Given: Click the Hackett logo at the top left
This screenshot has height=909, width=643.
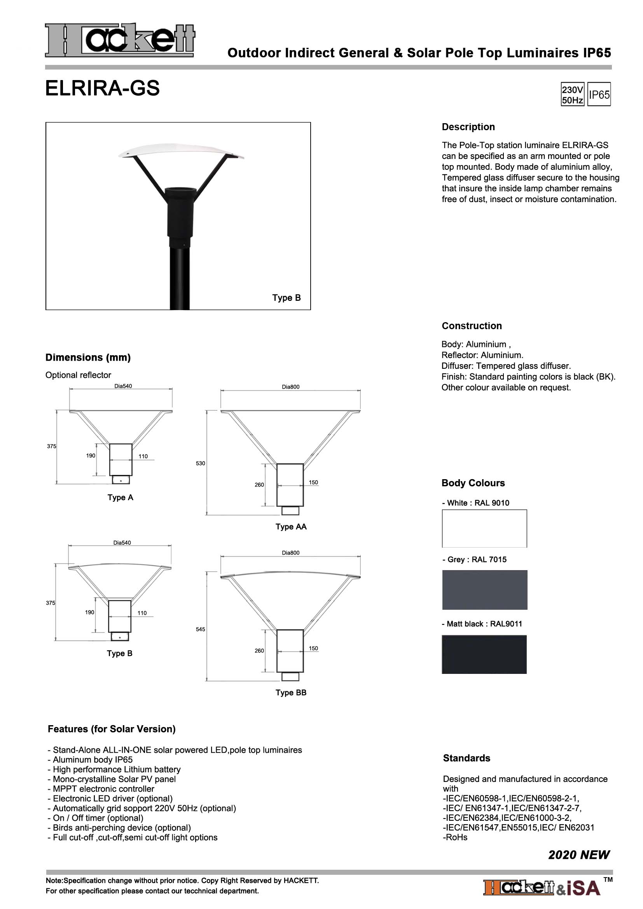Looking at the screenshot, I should point(120,40).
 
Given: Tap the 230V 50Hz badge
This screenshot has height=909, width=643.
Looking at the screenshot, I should point(572,94).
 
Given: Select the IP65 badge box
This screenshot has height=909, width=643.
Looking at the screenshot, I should point(599,94).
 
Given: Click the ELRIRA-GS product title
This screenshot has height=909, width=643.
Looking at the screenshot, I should point(103,88).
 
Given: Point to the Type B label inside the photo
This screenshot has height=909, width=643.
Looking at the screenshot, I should point(286,298).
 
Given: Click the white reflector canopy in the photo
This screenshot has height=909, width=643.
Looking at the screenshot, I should point(181,151).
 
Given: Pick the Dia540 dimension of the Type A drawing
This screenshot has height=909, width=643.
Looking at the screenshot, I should point(123,386).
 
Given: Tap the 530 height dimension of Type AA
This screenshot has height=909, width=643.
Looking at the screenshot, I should point(200,463).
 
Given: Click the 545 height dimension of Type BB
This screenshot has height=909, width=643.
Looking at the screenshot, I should point(200,629).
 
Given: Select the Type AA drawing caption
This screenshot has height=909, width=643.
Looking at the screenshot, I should point(291,527).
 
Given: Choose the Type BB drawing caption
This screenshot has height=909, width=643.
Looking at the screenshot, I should point(291,693).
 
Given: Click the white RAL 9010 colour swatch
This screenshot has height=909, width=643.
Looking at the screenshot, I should point(484,529).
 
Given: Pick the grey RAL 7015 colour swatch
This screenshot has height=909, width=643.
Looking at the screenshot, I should point(485,590).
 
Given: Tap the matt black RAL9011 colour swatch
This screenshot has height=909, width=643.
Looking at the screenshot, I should point(484,654).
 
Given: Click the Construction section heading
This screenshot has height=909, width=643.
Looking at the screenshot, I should point(472,326).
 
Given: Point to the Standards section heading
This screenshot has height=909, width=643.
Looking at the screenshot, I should point(467,758).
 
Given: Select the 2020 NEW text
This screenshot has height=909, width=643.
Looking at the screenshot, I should point(578,855).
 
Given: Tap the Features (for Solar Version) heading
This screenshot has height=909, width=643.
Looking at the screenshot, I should point(112,729).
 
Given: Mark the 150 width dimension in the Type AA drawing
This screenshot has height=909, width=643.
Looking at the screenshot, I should point(313,482).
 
